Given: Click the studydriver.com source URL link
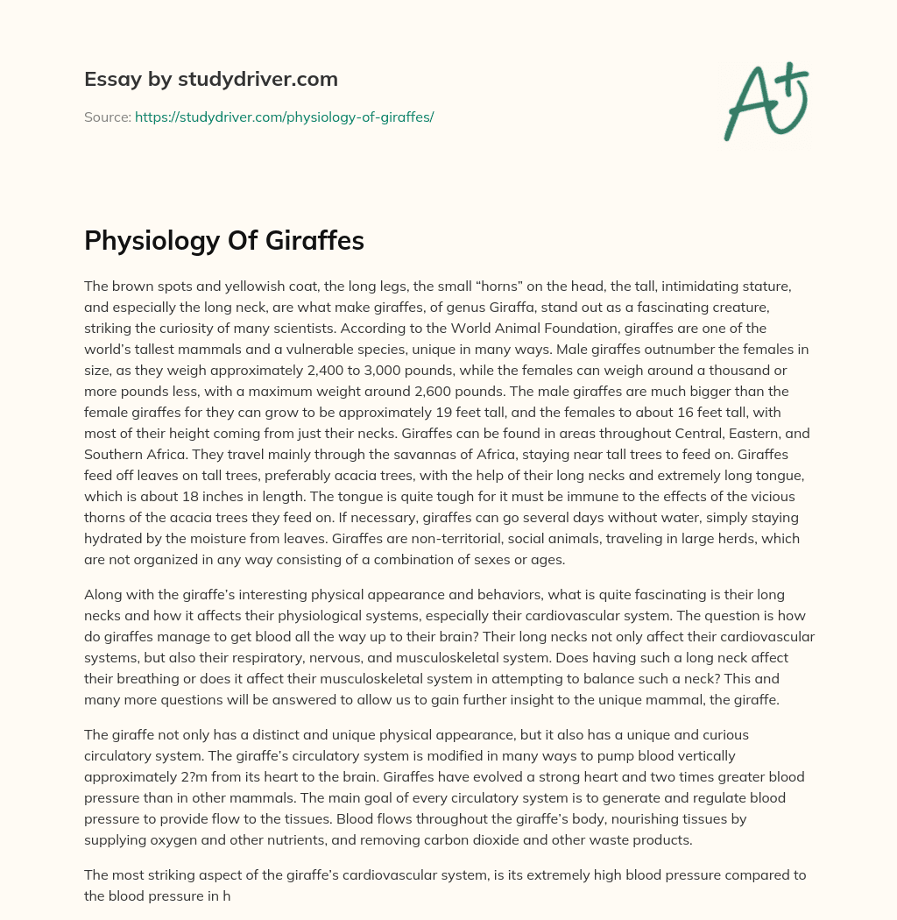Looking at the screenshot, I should pos(284,117).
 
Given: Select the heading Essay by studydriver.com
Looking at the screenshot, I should pos(210,79).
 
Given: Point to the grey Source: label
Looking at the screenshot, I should pos(107,117).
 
